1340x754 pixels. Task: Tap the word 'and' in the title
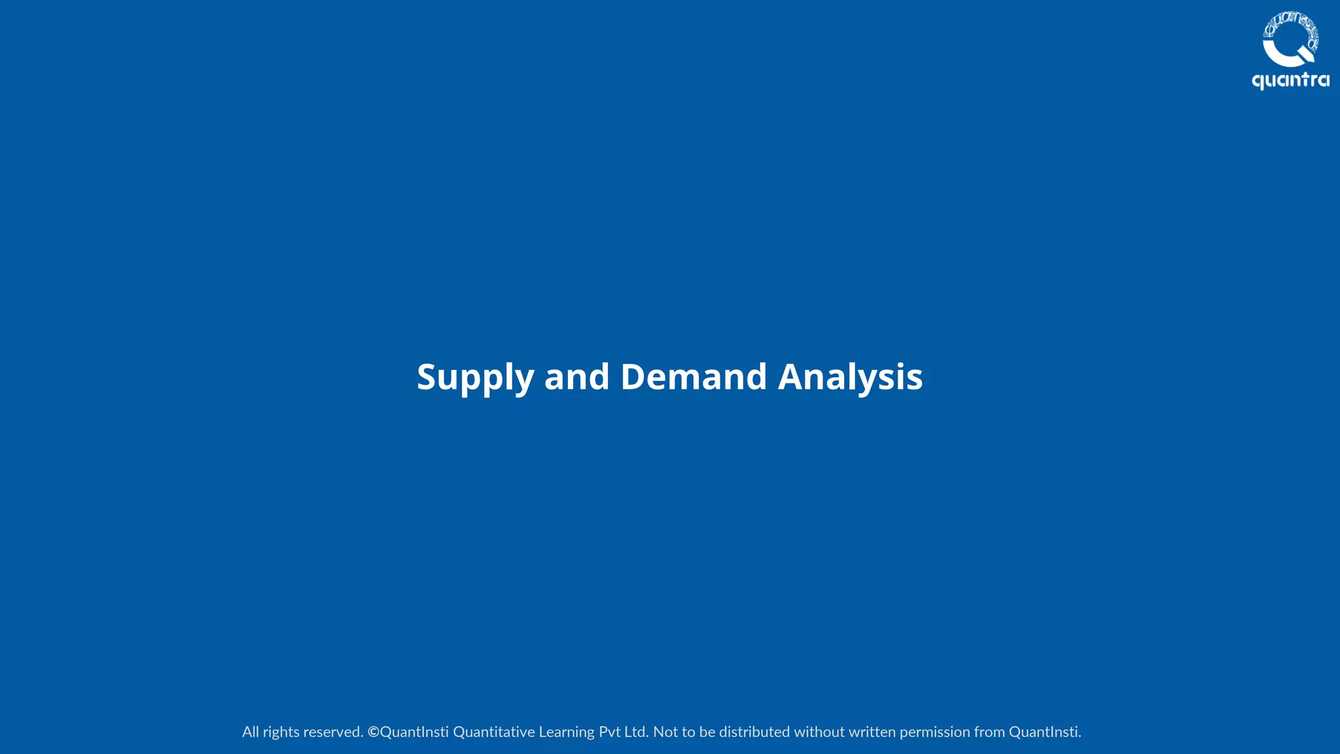pos(576,378)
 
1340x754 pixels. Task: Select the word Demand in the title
pos(694,378)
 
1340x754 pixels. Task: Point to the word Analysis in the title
pos(850,378)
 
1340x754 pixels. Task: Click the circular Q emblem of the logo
pos(1290,39)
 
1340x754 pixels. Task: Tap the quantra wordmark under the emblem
pos(1290,81)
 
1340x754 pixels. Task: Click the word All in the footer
pos(251,732)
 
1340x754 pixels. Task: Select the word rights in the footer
pos(281,732)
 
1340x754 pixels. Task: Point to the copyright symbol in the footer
pos(374,732)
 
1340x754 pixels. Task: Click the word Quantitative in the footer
pos(494,732)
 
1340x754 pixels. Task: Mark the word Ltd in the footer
pos(635,732)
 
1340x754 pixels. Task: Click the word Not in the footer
pos(665,732)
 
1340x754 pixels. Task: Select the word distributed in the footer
pos(754,732)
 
